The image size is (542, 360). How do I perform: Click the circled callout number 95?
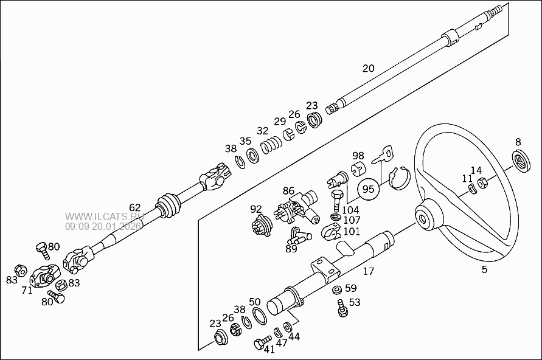(368, 189)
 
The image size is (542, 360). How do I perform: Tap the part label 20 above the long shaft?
(369, 68)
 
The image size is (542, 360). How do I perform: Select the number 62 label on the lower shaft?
(134, 207)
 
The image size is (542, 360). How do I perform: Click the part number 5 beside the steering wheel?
(484, 269)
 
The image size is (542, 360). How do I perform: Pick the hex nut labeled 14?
(482, 183)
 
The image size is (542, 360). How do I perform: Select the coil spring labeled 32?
(271, 146)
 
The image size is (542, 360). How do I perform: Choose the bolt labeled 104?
(336, 198)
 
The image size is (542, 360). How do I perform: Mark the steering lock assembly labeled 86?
(298, 209)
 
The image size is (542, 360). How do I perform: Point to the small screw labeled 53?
(342, 310)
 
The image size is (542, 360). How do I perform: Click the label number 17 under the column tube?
(369, 271)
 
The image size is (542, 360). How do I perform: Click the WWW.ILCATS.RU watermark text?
(105, 216)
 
